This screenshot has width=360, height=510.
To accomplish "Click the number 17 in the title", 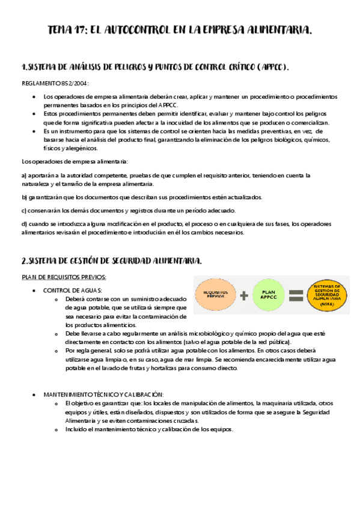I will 81,30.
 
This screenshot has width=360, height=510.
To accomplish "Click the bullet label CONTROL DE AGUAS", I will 72,290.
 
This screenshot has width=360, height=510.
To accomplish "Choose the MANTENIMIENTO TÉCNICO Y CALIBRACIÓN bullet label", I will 103,395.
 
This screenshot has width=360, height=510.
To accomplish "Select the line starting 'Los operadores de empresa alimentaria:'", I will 74,161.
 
